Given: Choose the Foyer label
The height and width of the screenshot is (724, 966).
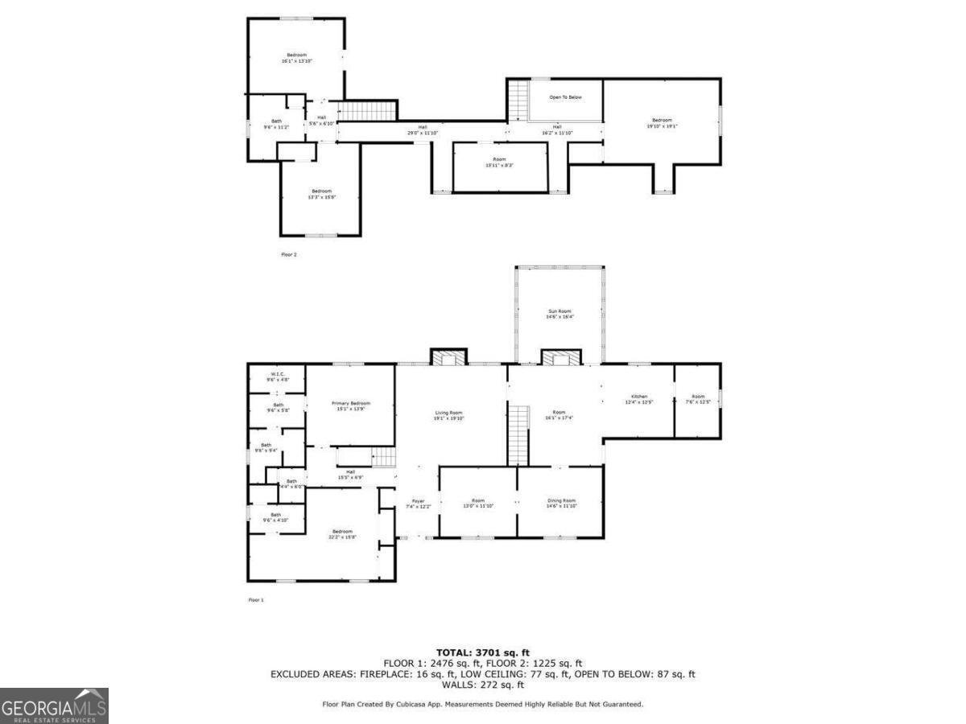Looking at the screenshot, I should tap(419, 504).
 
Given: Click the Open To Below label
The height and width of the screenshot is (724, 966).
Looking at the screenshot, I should tap(565, 97).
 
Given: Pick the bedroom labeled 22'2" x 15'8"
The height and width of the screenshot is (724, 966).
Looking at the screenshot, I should tap(342, 534).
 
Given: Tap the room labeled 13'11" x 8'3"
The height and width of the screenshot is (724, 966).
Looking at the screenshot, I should tap(499, 162).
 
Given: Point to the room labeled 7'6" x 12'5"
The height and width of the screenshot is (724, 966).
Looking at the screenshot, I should tap(697, 399).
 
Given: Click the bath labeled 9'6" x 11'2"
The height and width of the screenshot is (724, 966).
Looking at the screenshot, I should tap(276, 124).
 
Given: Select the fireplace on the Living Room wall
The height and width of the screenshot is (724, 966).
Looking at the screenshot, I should tap(448, 357).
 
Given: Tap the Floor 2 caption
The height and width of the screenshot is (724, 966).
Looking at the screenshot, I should tap(288, 254).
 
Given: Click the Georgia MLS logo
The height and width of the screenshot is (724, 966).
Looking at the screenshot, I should tap(54, 705).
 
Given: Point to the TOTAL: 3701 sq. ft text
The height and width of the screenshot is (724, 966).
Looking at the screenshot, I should tap(483, 652).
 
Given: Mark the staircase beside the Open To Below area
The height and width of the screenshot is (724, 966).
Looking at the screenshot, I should tap(517, 100).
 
